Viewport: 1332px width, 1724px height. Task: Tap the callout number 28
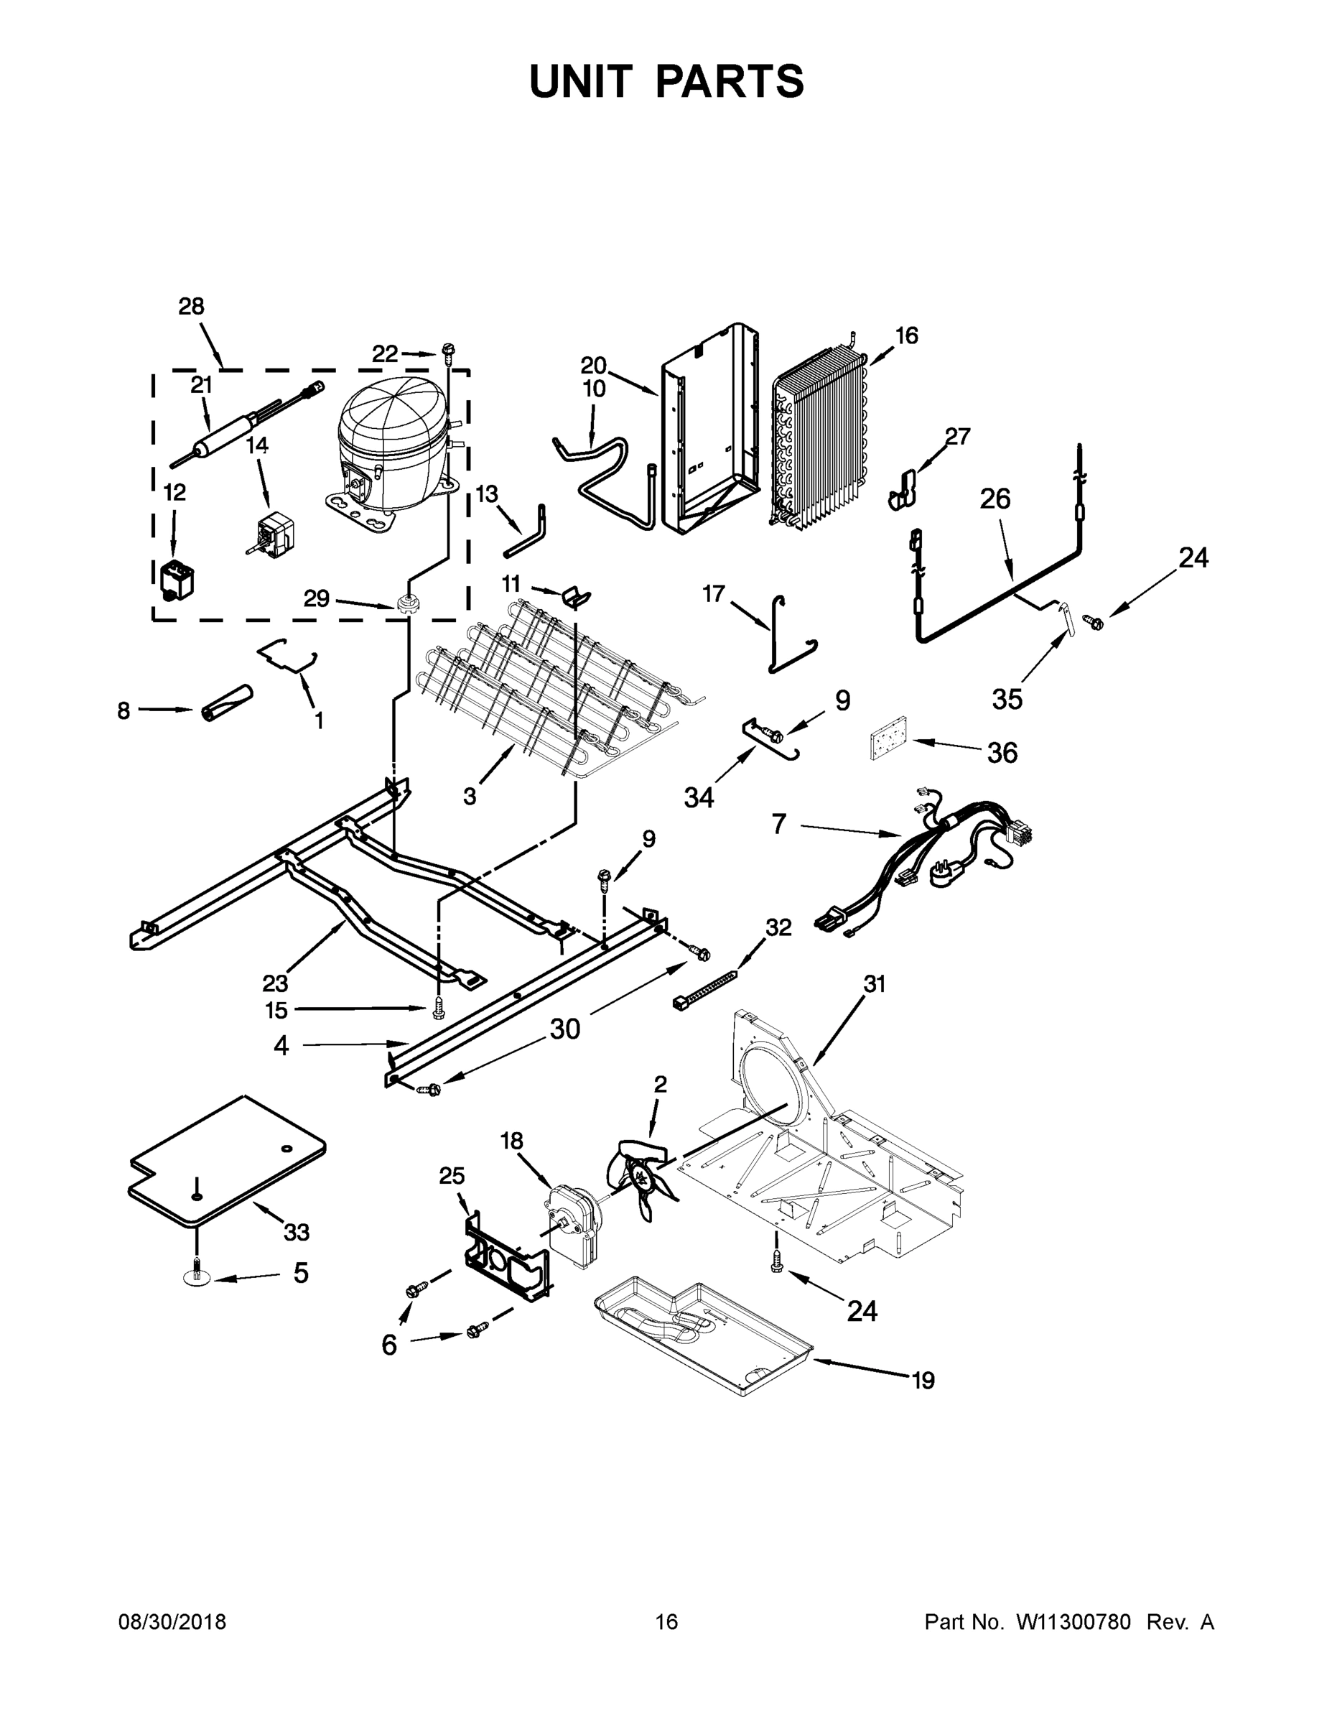click(x=191, y=306)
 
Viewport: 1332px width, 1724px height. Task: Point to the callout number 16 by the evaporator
click(x=907, y=335)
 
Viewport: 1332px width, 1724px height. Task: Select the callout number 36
click(x=1002, y=752)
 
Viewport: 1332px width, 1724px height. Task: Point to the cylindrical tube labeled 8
click(x=226, y=701)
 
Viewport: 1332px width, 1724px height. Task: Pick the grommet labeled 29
click(x=409, y=606)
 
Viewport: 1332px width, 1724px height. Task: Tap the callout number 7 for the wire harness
click(x=779, y=824)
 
